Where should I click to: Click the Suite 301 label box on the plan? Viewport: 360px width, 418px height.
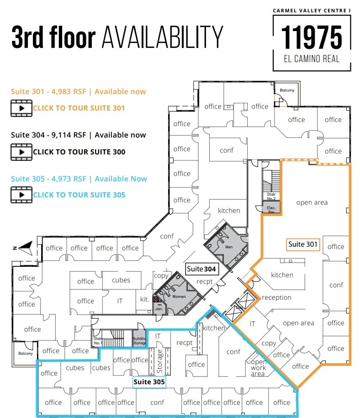(302, 244)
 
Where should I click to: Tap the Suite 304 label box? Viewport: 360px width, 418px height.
(201, 269)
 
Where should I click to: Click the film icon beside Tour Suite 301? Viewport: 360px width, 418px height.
(21, 108)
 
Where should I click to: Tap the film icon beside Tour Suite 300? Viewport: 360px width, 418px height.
(21, 152)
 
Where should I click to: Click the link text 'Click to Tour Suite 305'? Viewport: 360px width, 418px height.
(79, 195)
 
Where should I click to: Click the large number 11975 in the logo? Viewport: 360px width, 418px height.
(312, 37)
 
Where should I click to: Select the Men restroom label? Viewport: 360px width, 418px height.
(229, 247)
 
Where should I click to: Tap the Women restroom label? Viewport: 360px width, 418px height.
(179, 296)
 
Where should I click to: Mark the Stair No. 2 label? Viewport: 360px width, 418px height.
(271, 196)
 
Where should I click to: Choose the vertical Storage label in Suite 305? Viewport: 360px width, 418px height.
(160, 360)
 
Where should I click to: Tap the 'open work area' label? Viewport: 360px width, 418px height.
(258, 368)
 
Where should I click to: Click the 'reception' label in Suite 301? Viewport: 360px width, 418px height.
(276, 297)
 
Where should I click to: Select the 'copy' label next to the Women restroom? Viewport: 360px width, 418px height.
(161, 275)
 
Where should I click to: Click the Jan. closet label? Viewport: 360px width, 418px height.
(159, 308)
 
